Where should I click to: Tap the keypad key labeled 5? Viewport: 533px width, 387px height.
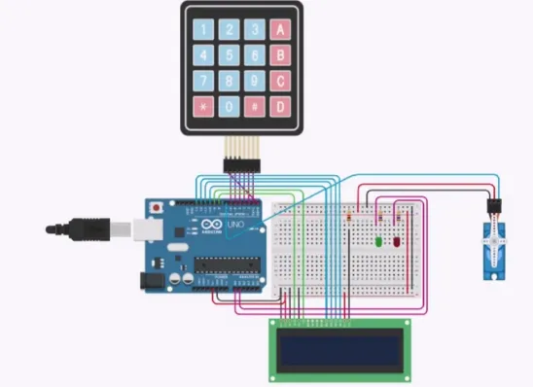point(229,55)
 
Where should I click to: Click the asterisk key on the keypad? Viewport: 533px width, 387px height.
point(203,105)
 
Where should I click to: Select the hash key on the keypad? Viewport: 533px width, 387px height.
point(254,105)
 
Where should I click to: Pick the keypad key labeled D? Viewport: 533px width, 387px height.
point(280,105)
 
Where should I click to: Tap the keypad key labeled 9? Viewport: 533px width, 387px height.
point(254,81)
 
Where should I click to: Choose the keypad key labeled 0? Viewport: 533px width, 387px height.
point(229,105)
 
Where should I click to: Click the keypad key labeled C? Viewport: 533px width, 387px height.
point(280,81)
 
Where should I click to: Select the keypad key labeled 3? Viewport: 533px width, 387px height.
point(254,30)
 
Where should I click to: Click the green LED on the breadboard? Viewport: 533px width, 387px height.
point(377,240)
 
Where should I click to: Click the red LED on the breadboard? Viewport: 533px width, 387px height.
point(398,240)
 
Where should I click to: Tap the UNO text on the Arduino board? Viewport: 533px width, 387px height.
point(235,226)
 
